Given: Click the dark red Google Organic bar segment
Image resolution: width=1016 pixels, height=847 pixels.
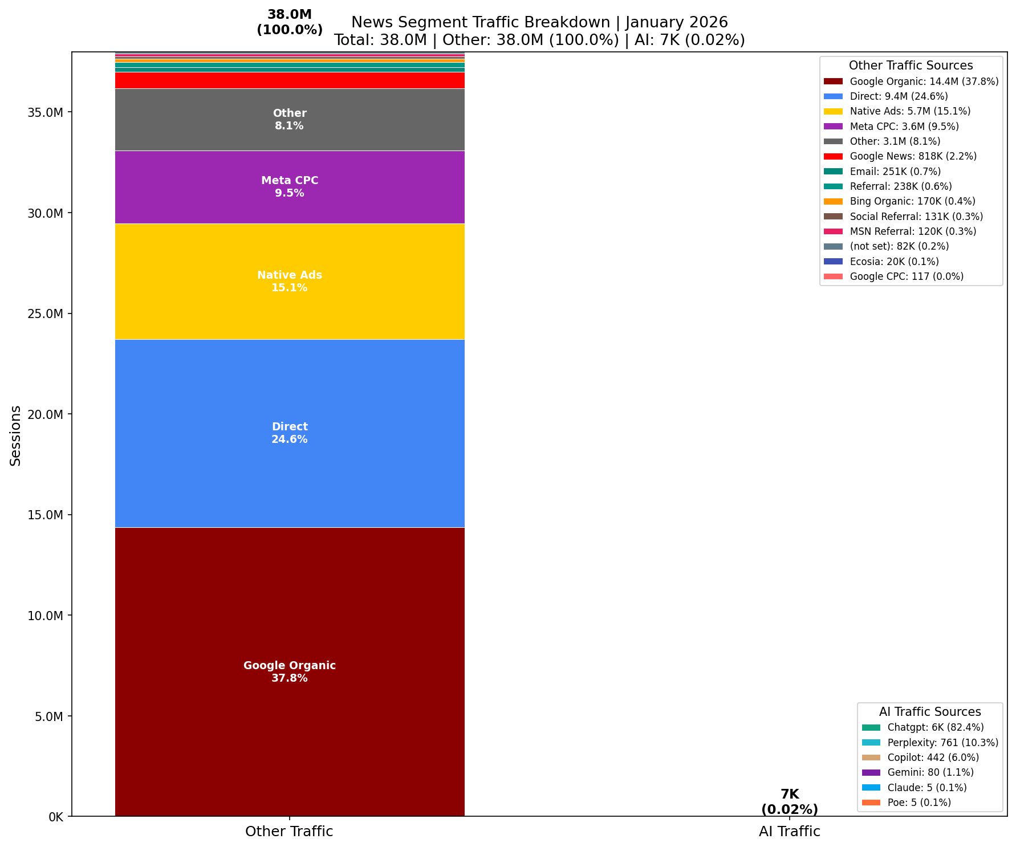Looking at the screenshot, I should (x=290, y=627).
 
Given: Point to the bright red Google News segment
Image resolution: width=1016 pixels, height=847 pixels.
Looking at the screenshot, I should (x=290, y=80).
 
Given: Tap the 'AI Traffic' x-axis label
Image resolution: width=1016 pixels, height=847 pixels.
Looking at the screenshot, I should (x=789, y=832).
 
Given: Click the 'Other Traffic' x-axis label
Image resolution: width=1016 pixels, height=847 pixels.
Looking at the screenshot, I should (x=289, y=832).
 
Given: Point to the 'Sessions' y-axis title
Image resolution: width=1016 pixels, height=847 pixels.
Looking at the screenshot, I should (x=15, y=435).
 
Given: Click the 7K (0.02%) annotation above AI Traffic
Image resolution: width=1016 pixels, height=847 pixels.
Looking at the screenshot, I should (x=789, y=802).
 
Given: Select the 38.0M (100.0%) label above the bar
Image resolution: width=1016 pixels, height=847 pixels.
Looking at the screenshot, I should (x=290, y=23).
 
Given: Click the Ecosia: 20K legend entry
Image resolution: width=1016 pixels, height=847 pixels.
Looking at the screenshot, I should (x=893, y=262).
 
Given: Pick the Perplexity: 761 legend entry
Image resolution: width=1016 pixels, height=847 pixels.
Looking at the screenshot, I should (x=942, y=743).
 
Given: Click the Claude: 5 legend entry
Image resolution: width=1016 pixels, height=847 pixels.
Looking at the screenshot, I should (x=926, y=788).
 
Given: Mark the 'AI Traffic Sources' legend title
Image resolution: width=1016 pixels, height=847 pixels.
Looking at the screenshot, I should (x=930, y=712).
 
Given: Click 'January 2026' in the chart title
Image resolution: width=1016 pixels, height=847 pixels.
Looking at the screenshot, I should (x=677, y=22).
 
